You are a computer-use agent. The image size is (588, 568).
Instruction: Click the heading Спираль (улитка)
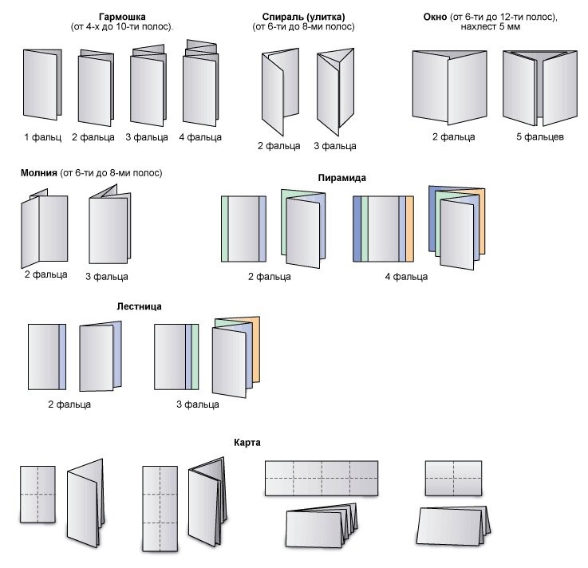(x=303, y=16)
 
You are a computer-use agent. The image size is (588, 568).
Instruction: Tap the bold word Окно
(x=437, y=16)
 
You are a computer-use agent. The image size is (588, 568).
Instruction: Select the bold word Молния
(x=41, y=173)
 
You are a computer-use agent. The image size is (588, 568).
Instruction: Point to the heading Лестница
(x=139, y=306)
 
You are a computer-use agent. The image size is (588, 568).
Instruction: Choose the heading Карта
(x=247, y=442)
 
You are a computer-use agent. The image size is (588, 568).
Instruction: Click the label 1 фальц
(x=42, y=137)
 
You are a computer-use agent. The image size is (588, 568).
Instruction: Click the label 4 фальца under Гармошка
(x=200, y=137)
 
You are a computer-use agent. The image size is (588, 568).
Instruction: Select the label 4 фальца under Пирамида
(x=406, y=277)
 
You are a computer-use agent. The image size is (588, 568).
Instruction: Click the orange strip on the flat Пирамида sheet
(x=409, y=229)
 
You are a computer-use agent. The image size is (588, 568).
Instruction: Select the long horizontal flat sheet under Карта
(x=320, y=477)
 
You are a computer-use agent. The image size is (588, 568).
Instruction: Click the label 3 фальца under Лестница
(x=198, y=404)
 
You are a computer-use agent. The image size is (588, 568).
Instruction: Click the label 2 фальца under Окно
(x=454, y=137)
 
